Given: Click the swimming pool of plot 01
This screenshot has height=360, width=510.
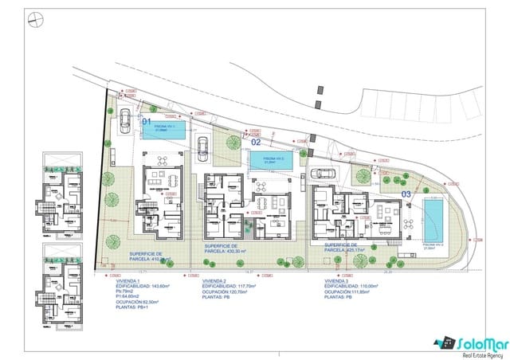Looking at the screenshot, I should [x=165, y=129].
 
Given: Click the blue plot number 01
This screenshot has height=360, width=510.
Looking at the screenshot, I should [x=147, y=121].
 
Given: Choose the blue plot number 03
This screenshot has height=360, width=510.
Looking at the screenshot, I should [x=406, y=193].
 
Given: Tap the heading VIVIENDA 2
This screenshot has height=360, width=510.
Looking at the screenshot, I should [x=216, y=281].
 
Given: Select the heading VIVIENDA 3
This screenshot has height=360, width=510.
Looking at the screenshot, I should [x=339, y=281].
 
